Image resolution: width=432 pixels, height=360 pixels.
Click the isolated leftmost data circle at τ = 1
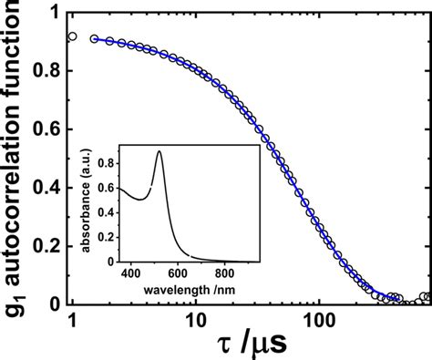[x=72, y=37]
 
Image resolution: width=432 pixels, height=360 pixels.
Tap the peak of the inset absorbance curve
[x=160, y=152]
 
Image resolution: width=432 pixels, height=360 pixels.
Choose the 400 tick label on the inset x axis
[x=131, y=272]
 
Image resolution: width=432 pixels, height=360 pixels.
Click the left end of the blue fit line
[x=93, y=38]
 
